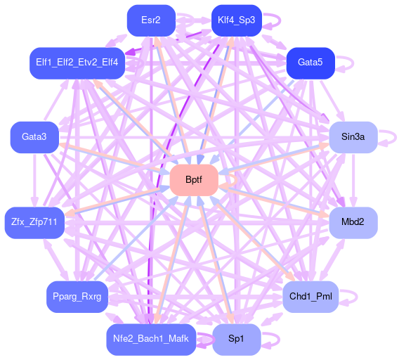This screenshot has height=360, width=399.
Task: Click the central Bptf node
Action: [x=194, y=180]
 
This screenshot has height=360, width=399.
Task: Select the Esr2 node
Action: [x=151, y=20]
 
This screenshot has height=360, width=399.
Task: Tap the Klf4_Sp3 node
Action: [x=237, y=20]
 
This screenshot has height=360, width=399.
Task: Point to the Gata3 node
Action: [x=34, y=137]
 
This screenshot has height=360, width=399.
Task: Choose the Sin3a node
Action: [x=353, y=137]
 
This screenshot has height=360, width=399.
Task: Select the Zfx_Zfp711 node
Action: [x=34, y=223]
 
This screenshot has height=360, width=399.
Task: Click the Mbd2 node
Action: [x=353, y=223]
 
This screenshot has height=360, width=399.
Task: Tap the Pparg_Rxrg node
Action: [x=77, y=297]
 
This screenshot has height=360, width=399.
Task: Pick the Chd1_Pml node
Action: [x=310, y=297]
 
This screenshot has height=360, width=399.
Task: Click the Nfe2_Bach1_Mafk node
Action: [x=151, y=340]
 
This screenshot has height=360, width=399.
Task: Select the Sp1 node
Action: [x=237, y=340]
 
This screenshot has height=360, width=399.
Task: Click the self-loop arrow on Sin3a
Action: [x=395, y=138]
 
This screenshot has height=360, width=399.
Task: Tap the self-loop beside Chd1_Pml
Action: [x=357, y=297]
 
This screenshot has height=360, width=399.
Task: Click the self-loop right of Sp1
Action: [x=279, y=340]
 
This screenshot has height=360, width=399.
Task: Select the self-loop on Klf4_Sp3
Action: [x=280, y=20]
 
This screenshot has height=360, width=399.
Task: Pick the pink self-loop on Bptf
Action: [x=237, y=181]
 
